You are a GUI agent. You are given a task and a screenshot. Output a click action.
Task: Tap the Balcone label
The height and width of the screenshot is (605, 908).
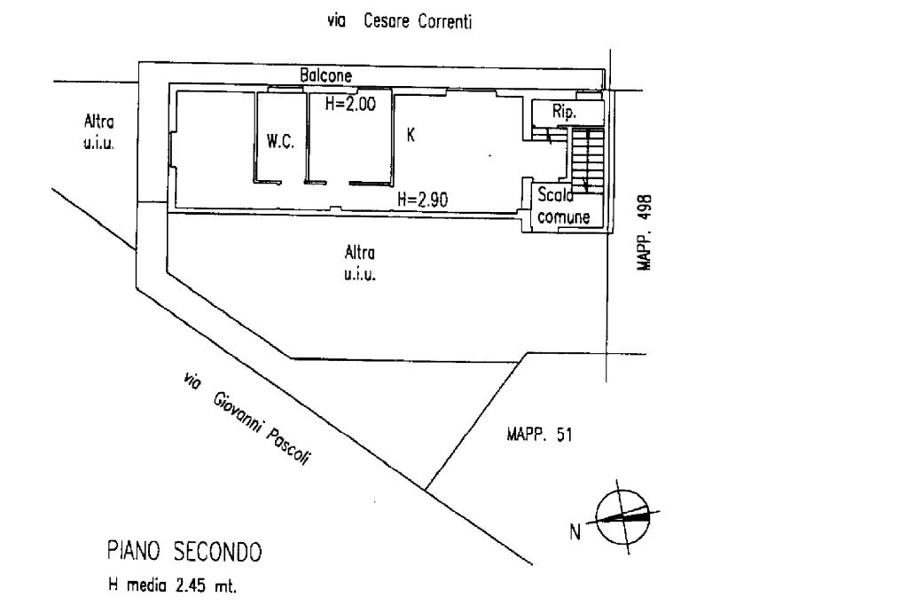point(325,76)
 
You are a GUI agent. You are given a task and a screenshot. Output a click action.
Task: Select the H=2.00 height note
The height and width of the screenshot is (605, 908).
point(350,103)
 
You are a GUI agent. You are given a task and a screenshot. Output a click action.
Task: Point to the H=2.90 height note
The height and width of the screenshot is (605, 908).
point(422,200)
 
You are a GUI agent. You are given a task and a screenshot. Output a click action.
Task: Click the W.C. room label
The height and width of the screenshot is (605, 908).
point(280,142)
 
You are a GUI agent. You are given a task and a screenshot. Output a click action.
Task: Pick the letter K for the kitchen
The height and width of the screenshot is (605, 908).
point(411,135)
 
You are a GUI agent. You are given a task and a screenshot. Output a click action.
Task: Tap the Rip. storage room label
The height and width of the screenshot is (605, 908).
point(565,113)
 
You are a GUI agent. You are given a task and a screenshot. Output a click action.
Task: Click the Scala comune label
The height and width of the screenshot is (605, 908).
point(558,206)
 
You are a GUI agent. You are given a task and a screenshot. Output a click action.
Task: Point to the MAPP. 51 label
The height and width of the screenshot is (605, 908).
point(539,434)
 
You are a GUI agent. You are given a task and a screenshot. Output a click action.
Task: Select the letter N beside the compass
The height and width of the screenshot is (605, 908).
point(575,532)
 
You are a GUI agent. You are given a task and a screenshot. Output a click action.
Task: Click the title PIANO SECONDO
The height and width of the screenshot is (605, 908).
point(184,553)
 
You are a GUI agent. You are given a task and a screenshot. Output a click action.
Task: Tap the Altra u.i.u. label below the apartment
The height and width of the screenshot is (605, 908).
point(360,263)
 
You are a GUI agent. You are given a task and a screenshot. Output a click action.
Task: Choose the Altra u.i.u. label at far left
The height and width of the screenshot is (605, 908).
point(98,131)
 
